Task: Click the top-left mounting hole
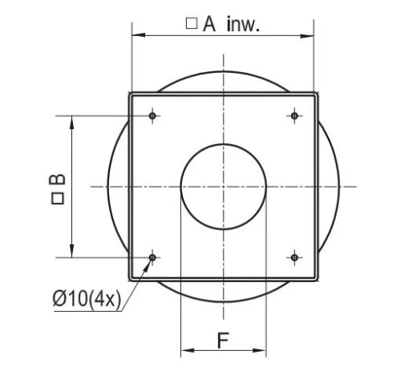[152, 116]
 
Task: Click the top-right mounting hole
[294, 116]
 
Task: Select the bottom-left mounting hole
[152, 258]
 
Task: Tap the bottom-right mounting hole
[294, 258]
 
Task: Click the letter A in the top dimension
[209, 24]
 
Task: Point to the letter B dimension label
[57, 179]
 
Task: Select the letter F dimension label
[223, 341]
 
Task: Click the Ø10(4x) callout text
[87, 299]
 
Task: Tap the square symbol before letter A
[192, 23]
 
